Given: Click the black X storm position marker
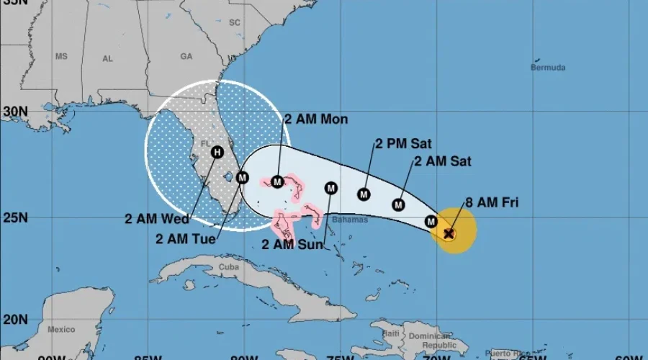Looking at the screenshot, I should (449, 233).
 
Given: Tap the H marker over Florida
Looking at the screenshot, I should (217, 152).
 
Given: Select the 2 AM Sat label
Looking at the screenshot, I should (443, 161).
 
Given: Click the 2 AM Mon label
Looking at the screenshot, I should (316, 119).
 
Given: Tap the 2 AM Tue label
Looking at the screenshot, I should (185, 239).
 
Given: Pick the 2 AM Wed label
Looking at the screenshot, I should (156, 219).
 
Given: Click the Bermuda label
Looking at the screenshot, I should (548, 68).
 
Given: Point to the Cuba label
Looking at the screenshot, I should (228, 266).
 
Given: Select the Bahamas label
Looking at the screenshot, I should (351, 220).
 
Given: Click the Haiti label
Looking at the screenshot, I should (391, 333).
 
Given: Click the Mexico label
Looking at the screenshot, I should (61, 329).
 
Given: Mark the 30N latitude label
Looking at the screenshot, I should (14, 112).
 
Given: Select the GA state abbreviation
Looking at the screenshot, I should (186, 55).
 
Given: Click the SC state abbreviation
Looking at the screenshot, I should (234, 22).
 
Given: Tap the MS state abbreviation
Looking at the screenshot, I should (61, 56).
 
